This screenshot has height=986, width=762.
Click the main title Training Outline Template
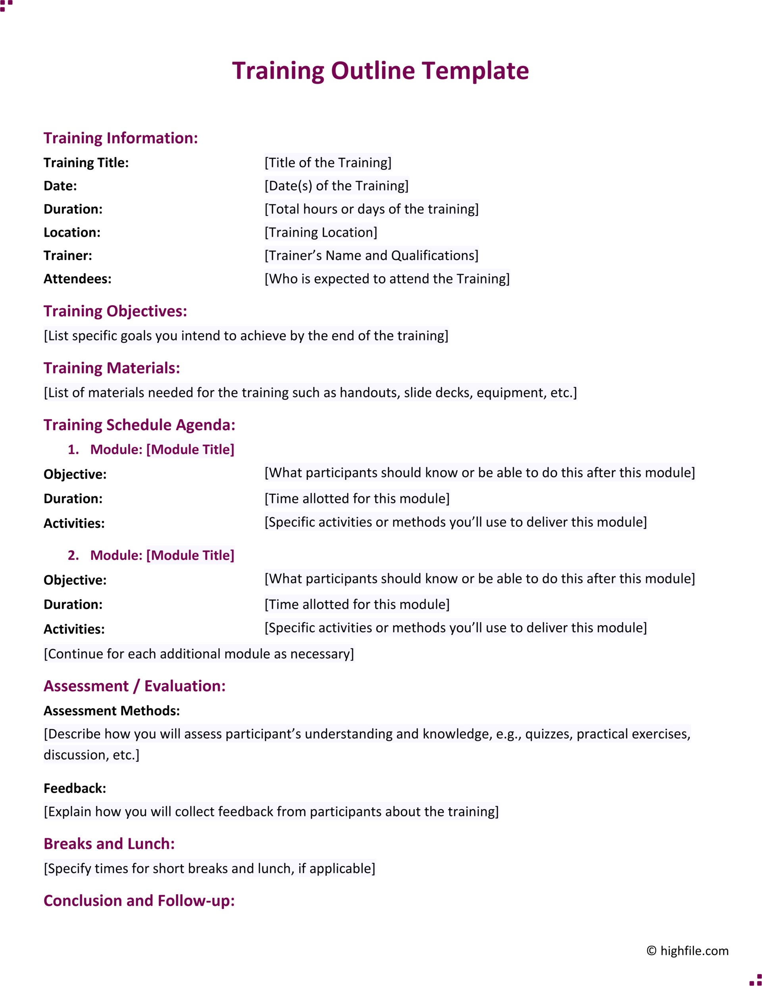point(380,71)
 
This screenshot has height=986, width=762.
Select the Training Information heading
point(121,138)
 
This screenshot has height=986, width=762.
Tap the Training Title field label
point(86,163)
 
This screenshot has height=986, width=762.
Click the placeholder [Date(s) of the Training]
point(337,186)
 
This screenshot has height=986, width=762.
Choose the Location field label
point(72,233)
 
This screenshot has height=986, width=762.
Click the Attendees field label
point(77,279)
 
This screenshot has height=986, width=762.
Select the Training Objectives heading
point(115,311)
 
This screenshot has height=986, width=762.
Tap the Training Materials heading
point(112,368)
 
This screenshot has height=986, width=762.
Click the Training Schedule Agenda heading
point(139,425)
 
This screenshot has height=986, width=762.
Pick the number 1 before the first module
point(72,450)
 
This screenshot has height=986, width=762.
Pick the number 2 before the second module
point(72,555)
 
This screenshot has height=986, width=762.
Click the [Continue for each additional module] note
point(199,654)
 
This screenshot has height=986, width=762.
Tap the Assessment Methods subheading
point(112,711)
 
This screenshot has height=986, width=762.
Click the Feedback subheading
point(75,789)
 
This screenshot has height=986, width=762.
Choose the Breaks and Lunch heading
point(109,844)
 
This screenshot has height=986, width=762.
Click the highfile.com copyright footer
point(687,951)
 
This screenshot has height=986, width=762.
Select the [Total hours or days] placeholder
point(371,210)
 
